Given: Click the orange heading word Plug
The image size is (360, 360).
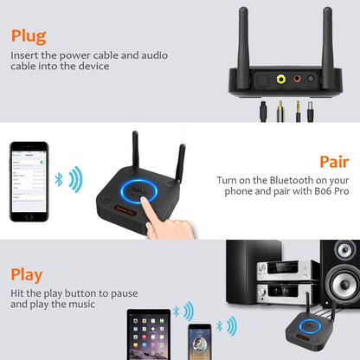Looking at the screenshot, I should pos(29,36).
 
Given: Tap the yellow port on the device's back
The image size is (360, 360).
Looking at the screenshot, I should pos(280,79).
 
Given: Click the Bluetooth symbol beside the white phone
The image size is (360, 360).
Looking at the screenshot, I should pos(59,179).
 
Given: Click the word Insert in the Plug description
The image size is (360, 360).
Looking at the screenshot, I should pos(25,55).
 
